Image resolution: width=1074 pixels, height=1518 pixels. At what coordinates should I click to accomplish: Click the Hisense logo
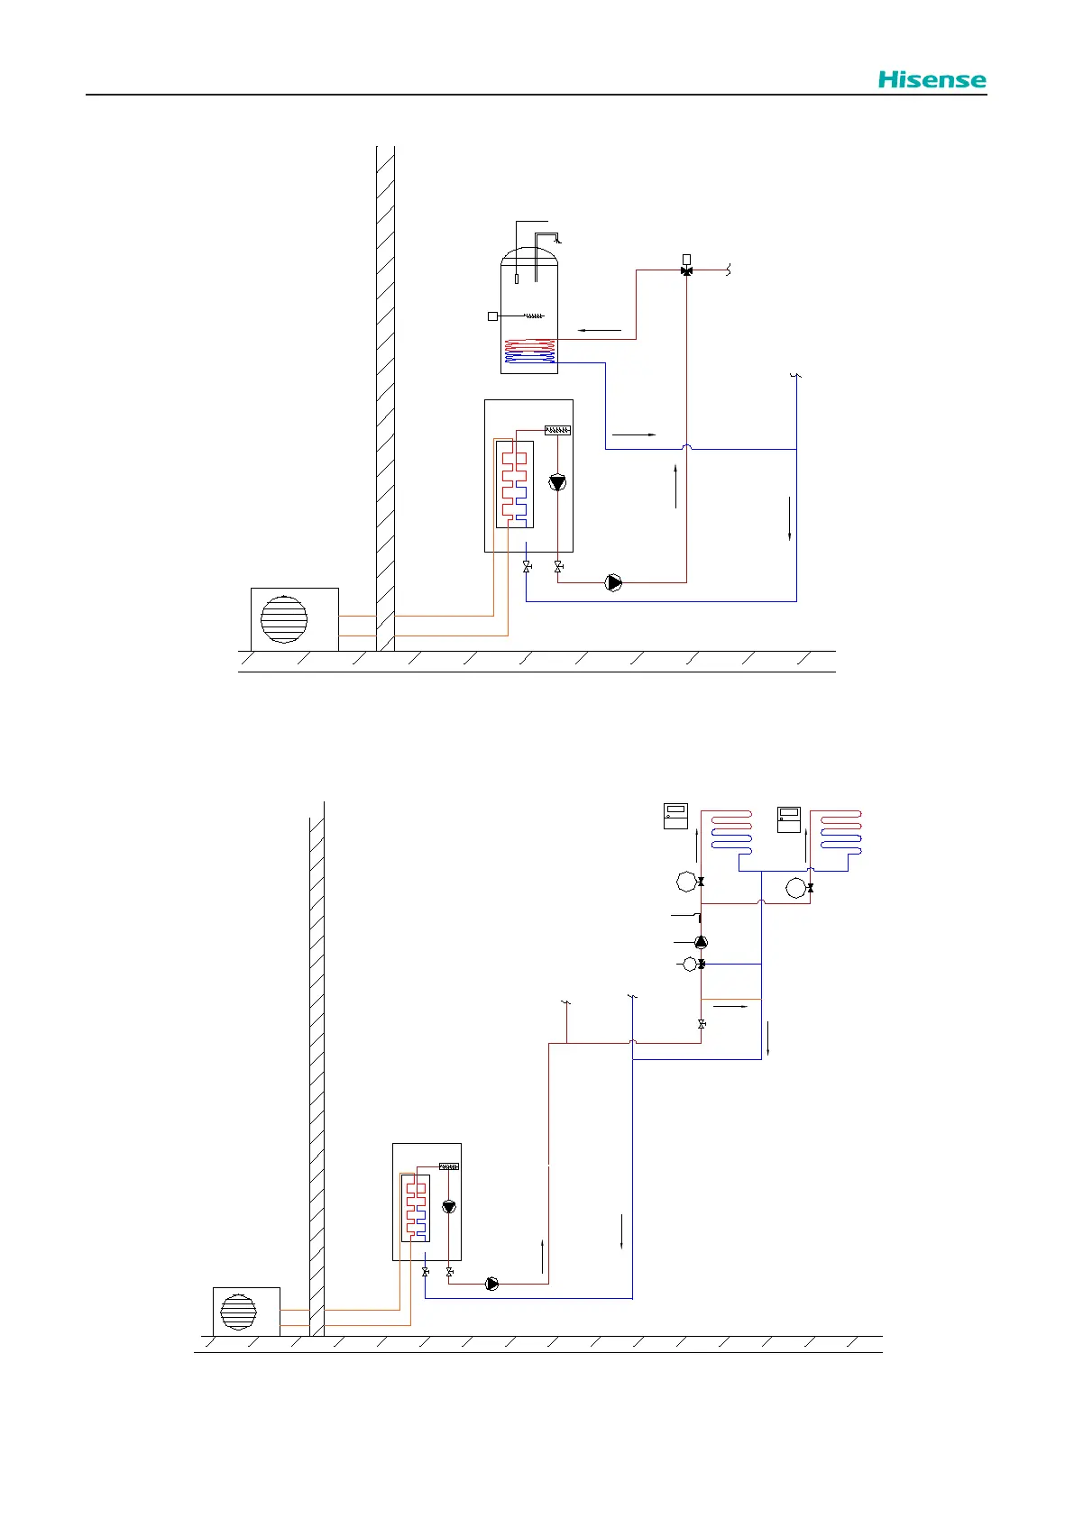[932, 80]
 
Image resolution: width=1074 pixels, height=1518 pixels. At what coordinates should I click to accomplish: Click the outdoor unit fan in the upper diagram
[284, 618]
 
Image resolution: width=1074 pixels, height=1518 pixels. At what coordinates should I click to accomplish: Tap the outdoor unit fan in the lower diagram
[238, 1312]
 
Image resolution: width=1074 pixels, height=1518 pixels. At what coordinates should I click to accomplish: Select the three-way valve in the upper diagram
[686, 270]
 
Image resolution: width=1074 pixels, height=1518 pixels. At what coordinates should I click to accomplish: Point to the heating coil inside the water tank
[529, 351]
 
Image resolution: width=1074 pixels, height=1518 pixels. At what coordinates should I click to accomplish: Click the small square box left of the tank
[492, 316]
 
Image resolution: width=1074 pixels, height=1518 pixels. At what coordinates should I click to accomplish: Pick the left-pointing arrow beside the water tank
[600, 331]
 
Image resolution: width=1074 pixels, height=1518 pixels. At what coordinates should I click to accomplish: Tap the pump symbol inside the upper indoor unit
[557, 482]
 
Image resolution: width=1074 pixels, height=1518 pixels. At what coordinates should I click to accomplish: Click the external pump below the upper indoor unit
[614, 582]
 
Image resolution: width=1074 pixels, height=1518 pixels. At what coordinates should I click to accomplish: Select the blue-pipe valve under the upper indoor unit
[527, 566]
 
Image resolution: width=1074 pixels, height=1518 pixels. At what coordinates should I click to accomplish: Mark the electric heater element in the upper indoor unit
[557, 430]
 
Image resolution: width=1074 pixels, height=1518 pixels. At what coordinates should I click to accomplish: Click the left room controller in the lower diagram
[675, 816]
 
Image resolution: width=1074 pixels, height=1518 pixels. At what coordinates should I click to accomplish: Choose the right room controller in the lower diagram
[789, 819]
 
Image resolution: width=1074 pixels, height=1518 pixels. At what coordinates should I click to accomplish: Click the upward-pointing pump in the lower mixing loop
[702, 942]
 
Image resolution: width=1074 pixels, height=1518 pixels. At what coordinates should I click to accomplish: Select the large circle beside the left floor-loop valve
[687, 882]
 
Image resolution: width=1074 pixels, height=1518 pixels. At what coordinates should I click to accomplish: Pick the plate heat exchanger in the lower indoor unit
[416, 1208]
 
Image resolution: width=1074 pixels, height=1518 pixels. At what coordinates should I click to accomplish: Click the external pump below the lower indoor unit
[492, 1284]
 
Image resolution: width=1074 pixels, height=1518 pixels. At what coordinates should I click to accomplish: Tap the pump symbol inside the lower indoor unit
[449, 1206]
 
